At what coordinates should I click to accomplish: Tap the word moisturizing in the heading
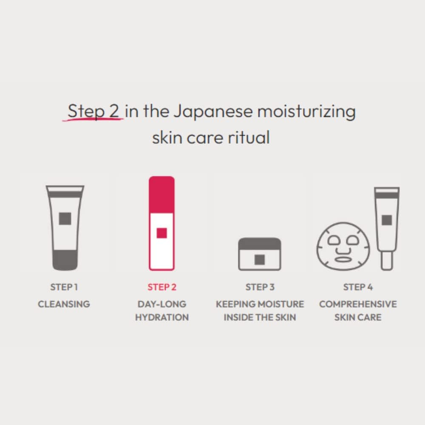click(306, 112)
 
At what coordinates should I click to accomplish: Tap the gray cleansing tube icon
click(65, 227)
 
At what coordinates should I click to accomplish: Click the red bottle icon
click(161, 223)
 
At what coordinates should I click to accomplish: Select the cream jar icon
click(260, 254)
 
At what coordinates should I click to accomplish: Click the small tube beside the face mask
click(386, 228)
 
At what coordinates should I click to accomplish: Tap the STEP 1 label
click(64, 287)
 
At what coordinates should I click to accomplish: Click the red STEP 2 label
click(161, 287)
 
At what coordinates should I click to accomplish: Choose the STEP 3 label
click(260, 287)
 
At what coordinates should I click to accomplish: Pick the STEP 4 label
click(358, 287)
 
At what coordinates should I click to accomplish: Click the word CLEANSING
click(64, 304)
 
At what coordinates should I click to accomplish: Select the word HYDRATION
click(161, 317)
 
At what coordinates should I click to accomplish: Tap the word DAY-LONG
click(161, 304)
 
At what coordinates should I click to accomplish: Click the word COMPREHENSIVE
click(358, 304)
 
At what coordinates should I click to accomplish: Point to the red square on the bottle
click(161, 233)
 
